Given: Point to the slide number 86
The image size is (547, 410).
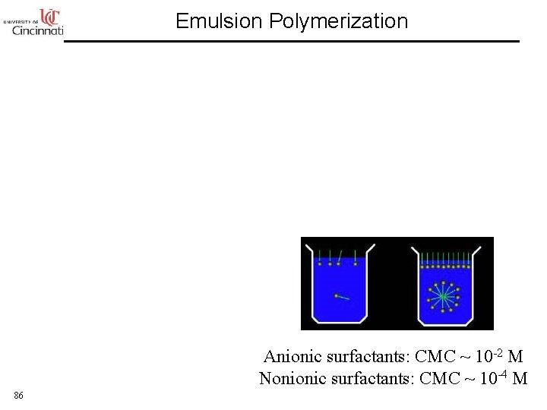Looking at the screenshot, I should pos(18,395).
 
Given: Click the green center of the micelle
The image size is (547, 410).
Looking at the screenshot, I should pos(442,296).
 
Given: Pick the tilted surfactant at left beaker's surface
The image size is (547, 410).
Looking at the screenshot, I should pos(339,258).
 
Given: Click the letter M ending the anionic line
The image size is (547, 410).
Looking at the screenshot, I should pos(515,356).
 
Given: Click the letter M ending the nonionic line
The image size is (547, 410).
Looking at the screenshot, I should pos(520,378).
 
